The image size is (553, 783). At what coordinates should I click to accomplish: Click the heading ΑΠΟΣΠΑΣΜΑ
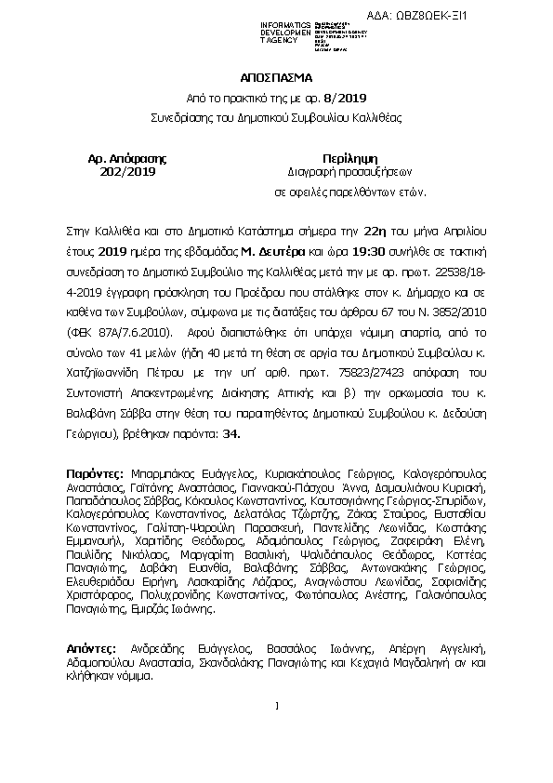(276, 78)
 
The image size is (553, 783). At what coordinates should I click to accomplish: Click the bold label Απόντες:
(92, 647)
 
